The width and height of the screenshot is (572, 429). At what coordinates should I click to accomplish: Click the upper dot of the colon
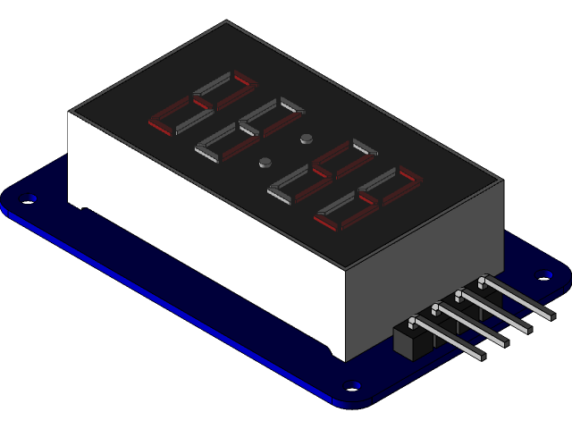[307, 139]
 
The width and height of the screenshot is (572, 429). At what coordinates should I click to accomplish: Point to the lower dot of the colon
[265, 163]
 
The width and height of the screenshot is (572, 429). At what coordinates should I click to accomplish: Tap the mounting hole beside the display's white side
[34, 198]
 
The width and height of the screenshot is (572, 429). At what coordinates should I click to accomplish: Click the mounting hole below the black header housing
[354, 386]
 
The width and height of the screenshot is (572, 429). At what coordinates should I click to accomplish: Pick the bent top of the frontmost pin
[414, 321]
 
